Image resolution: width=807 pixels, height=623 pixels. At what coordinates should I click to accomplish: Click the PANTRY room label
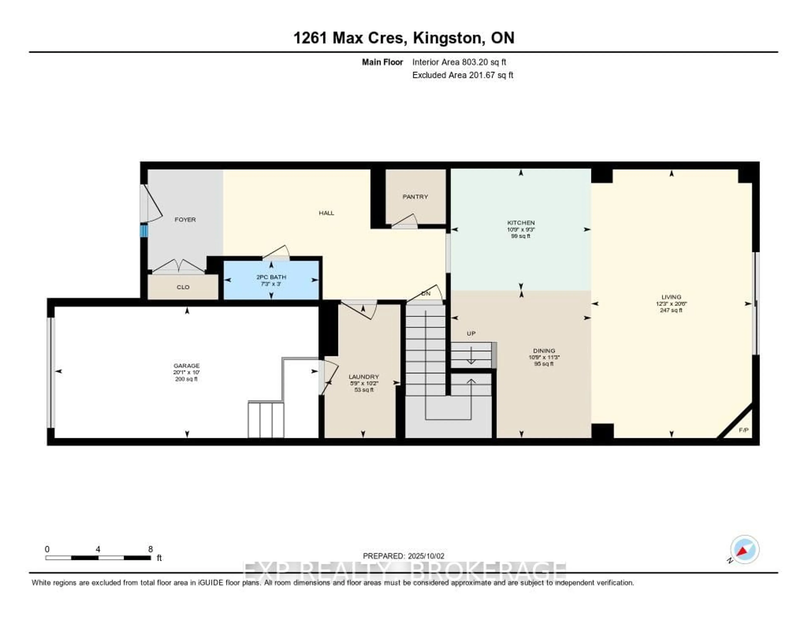pyautogui.click(x=415, y=197)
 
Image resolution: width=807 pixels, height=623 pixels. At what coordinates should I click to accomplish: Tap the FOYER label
pyautogui.click(x=185, y=220)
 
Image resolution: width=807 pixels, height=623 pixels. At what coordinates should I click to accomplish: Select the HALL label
pyautogui.click(x=326, y=213)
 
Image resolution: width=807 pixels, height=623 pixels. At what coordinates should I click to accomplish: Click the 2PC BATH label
pyautogui.click(x=271, y=277)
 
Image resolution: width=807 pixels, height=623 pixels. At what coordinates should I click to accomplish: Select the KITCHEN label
pyautogui.click(x=521, y=223)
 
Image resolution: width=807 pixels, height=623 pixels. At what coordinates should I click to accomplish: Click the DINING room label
pyautogui.click(x=544, y=350)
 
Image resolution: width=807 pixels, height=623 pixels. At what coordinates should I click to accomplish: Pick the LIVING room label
pyautogui.click(x=671, y=297)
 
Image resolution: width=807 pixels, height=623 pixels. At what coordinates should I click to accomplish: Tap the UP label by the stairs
pyautogui.click(x=471, y=334)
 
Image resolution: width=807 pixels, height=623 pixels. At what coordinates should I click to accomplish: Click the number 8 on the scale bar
pyautogui.click(x=150, y=549)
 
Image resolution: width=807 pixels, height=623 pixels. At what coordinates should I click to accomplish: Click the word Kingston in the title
pyautogui.click(x=447, y=38)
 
